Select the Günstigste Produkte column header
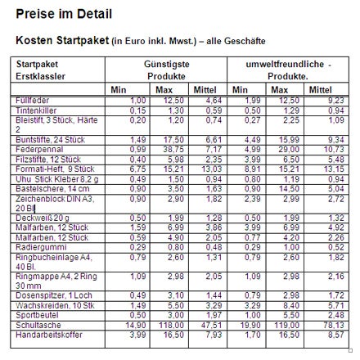[165, 70]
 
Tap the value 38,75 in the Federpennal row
[173, 151]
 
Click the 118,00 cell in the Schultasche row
[170, 324]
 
